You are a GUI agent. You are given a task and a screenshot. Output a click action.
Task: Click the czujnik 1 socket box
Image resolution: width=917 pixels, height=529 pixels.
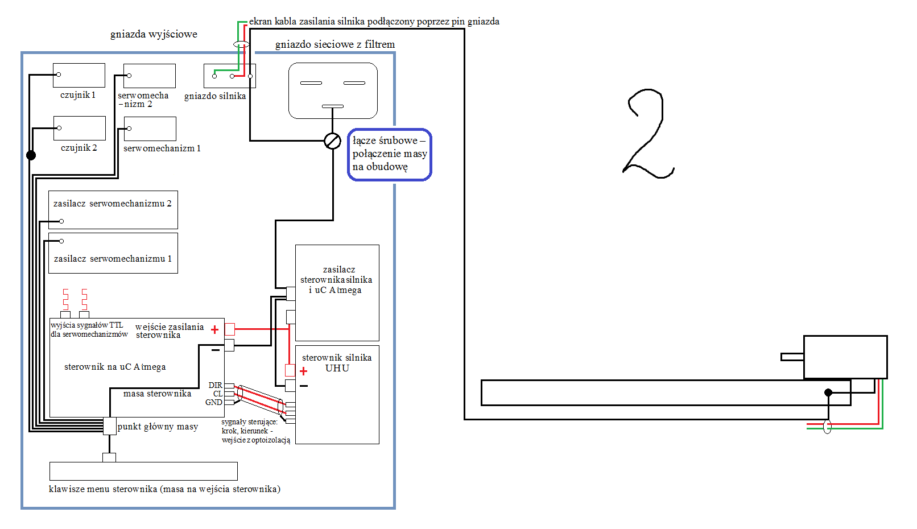79,75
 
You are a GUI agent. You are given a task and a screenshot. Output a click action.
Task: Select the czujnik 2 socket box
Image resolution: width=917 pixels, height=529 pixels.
80,128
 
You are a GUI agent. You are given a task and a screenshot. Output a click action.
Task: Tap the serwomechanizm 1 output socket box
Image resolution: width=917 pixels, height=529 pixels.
150,129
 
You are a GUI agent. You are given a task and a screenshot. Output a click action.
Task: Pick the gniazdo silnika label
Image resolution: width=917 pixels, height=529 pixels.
215,96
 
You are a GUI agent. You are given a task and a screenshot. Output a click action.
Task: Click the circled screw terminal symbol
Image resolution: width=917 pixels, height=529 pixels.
332,141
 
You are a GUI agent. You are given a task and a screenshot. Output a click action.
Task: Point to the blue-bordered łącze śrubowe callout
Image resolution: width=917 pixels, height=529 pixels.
389,154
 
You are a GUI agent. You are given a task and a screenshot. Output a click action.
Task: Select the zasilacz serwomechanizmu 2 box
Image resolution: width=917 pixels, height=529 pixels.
113,210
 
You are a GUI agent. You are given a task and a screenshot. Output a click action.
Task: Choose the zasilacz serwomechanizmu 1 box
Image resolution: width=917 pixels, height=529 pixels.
113,253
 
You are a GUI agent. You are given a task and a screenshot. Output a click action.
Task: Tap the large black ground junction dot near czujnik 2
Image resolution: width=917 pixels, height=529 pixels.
31,155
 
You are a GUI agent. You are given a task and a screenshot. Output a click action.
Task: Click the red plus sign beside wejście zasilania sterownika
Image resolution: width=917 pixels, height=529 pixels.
215,329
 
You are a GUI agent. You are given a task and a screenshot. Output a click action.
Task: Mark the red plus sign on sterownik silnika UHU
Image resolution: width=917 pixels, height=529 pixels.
303,371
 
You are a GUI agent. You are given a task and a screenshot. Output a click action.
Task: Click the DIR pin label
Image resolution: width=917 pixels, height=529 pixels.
216,385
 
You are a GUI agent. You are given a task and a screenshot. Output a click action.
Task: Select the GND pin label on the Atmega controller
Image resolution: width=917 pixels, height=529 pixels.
214,403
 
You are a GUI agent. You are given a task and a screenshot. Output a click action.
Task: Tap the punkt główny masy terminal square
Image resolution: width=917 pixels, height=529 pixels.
110,426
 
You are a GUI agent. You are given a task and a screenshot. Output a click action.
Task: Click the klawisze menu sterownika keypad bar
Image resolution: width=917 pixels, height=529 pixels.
143,472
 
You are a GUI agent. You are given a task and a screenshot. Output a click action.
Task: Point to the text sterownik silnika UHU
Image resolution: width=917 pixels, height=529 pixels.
337,363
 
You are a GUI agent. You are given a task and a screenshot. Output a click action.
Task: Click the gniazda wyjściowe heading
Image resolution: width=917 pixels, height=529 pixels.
154,34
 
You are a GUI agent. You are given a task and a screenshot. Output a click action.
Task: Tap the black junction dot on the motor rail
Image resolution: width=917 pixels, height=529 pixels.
828,392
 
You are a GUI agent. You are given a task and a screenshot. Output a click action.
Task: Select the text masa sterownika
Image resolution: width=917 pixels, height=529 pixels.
157,394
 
